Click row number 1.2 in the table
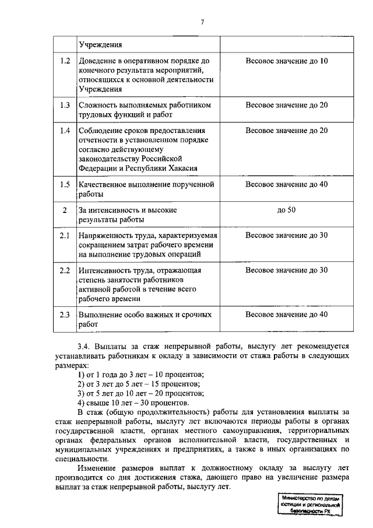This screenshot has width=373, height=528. (65, 61)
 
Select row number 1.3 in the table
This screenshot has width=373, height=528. (65, 105)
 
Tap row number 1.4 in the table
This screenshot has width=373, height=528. (65, 130)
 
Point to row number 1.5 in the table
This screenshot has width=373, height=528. (65, 184)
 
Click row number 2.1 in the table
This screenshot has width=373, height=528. (65, 235)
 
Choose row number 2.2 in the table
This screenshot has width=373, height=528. (65, 270)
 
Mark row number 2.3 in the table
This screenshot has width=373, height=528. (65, 315)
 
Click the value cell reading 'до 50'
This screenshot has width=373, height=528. (287, 210)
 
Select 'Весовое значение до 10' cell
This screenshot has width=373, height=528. (287, 61)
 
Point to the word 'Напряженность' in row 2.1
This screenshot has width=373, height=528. (105, 235)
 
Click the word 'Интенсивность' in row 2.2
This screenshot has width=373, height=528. (104, 270)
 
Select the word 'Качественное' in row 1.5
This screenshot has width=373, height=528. (101, 184)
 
